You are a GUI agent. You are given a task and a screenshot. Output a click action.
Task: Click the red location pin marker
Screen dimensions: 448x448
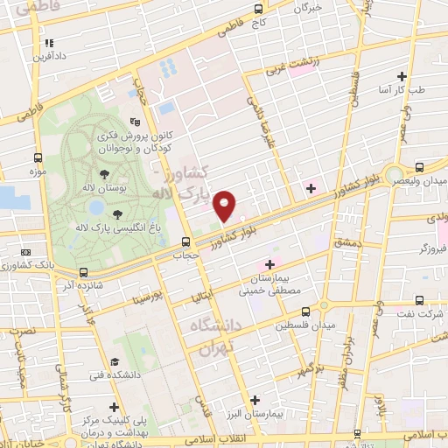point(225,205)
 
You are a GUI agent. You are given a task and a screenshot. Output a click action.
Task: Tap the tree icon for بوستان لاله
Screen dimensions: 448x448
point(104,174)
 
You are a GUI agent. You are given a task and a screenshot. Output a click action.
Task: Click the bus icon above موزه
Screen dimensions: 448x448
point(37,158)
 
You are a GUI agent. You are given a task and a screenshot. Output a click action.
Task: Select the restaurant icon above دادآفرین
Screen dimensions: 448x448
point(49,42)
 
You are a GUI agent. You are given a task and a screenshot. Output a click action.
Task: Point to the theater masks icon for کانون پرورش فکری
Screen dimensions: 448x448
point(133,122)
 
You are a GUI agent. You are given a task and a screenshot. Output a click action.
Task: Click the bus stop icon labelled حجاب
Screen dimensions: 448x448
point(185,241)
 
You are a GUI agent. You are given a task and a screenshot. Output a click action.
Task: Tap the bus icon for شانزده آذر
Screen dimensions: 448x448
point(84,272)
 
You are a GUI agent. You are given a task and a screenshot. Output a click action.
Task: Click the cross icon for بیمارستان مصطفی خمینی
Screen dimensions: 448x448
point(269,263)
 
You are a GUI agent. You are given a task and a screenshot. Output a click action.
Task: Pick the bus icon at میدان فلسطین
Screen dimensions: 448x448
point(305,311)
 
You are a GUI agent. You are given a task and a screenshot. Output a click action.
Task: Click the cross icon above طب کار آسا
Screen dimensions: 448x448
point(402,76)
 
